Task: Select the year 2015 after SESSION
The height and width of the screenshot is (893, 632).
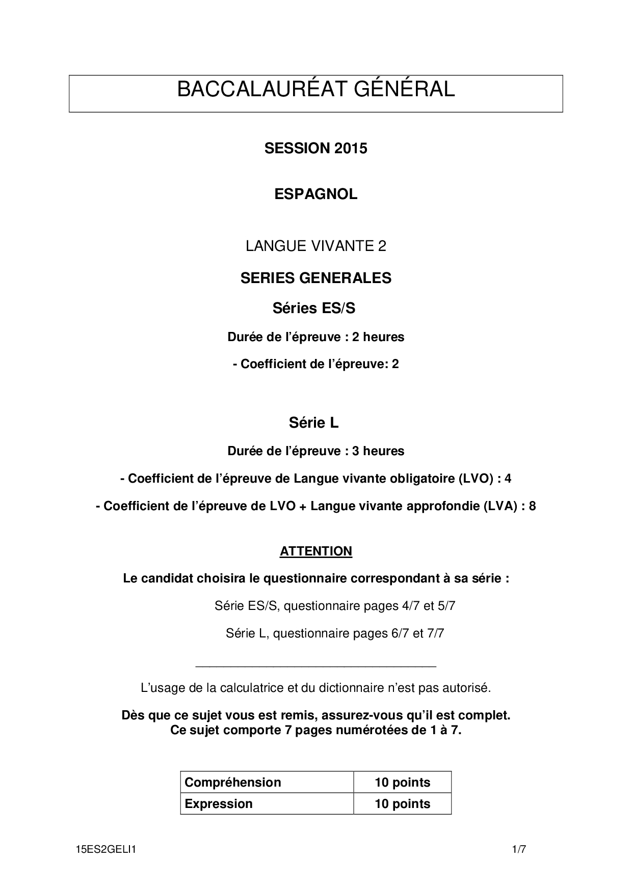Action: [x=351, y=149]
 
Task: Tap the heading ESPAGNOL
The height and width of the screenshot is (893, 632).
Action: [x=316, y=194]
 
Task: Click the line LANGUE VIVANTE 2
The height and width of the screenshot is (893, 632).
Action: [x=316, y=246]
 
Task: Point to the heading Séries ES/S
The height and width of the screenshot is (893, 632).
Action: [x=314, y=308]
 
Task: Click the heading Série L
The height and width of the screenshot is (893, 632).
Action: [x=314, y=423]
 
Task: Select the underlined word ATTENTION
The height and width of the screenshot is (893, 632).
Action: [x=316, y=551]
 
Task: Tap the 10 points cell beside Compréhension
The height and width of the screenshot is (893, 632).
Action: [x=402, y=782]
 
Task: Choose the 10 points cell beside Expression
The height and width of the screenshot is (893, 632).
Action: [x=402, y=803]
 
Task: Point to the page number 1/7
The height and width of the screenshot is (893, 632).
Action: [x=519, y=849]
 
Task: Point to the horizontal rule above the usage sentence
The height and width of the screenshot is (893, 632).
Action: [x=316, y=666]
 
